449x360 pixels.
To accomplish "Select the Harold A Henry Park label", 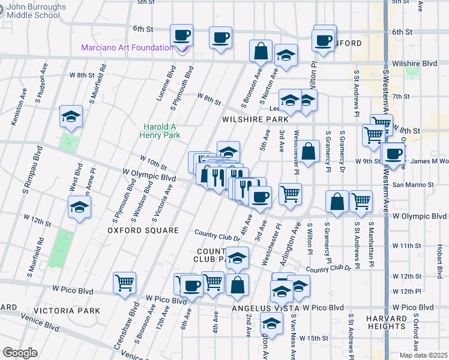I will click(161, 131).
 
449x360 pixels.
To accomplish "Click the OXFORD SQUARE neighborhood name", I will click(143, 230).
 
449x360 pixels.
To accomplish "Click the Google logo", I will click(20, 353).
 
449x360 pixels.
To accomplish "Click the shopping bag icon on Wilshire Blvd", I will click(261, 52).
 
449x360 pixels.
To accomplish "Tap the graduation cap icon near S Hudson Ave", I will click(71, 116).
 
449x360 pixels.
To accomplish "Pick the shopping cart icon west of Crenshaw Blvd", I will click(124, 283).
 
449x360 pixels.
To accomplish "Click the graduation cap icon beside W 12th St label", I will click(79, 208).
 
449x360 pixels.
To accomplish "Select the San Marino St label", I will click(412, 185).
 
